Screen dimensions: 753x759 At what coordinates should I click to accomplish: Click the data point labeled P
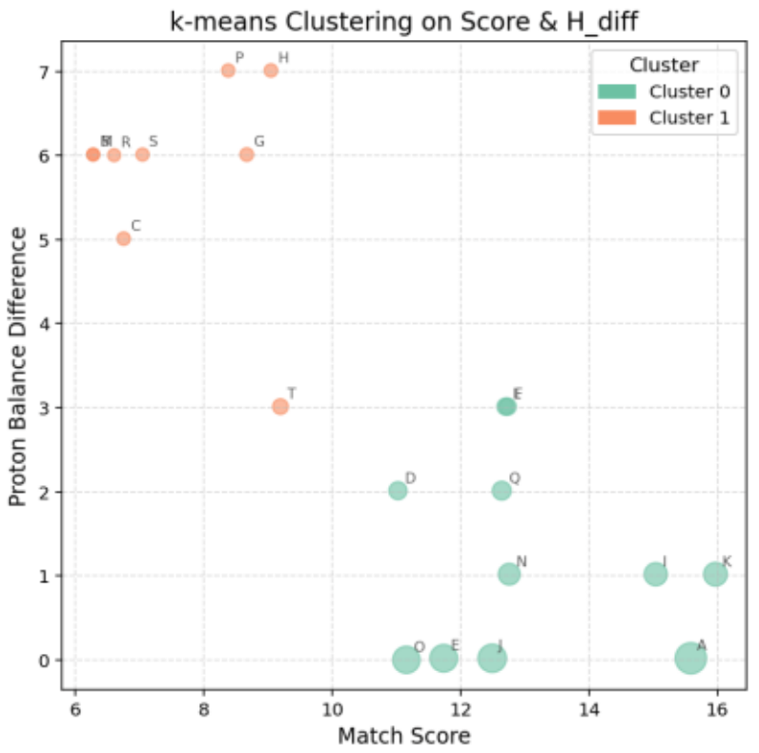coord(228,71)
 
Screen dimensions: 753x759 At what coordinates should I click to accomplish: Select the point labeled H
coord(271,71)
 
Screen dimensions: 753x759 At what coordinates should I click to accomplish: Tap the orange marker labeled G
coord(247,154)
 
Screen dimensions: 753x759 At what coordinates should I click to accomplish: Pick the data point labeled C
coord(124,238)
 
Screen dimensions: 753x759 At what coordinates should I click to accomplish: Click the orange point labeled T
coord(280,407)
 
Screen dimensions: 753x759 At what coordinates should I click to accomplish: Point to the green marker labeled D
coord(399,491)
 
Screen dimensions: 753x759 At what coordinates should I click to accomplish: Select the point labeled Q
coord(502,491)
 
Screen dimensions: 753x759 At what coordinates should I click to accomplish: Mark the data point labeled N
coord(509,575)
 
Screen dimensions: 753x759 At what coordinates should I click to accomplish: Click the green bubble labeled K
coord(715,575)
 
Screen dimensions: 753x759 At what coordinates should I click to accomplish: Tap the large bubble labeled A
coord(690,658)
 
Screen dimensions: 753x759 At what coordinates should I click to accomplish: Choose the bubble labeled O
coord(406,659)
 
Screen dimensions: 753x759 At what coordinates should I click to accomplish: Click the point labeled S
coord(142,154)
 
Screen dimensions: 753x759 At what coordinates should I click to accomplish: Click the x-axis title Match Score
coord(403,736)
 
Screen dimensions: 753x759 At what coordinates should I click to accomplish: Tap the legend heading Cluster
coord(664,65)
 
